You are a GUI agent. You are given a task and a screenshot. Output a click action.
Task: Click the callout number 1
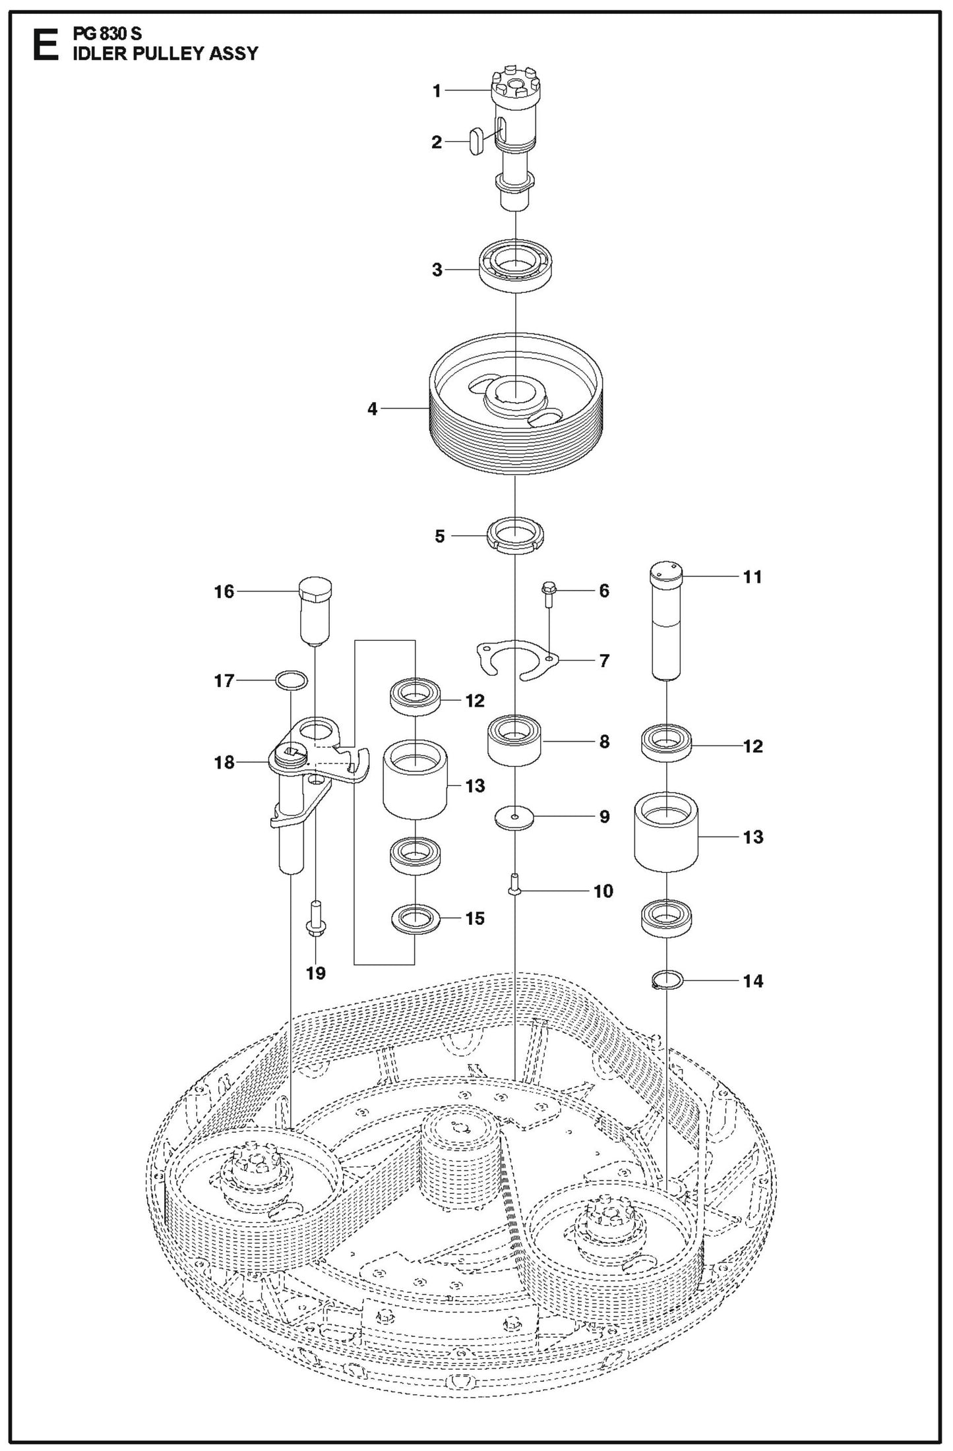point(437,91)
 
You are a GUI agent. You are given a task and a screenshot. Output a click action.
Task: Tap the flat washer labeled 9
point(514,815)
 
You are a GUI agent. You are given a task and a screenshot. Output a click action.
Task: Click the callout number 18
point(224,763)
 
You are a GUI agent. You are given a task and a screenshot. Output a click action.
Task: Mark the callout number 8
point(604,742)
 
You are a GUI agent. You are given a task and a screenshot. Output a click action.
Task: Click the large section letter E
point(45,45)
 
